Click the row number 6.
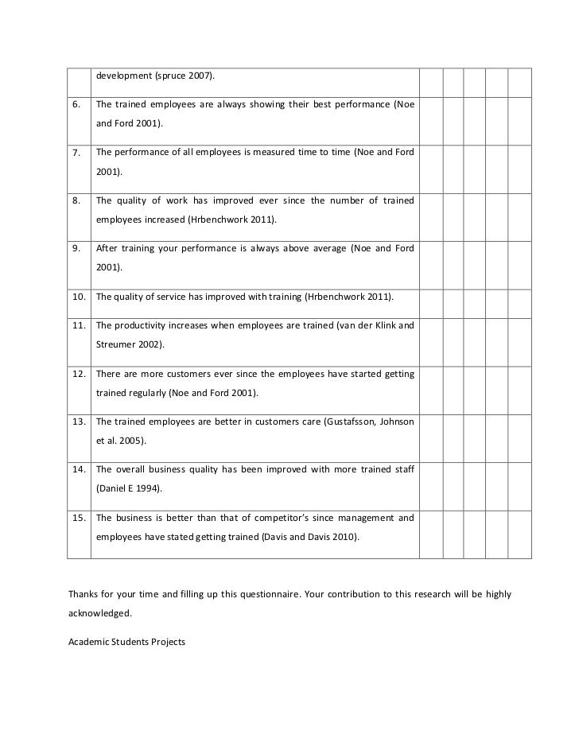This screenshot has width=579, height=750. pyautogui.click(x=75, y=106)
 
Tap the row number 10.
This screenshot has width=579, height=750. pyautogui.click(x=77, y=297)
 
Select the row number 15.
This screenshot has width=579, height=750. pyautogui.click(x=77, y=518)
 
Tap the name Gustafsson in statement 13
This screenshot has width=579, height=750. pyautogui.click(x=359, y=422)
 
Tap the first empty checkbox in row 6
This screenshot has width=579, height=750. pyautogui.click(x=430, y=115)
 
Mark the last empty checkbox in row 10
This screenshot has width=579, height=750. pyautogui.click(x=519, y=297)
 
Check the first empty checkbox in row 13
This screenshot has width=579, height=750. pyautogui.click(x=430, y=430)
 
